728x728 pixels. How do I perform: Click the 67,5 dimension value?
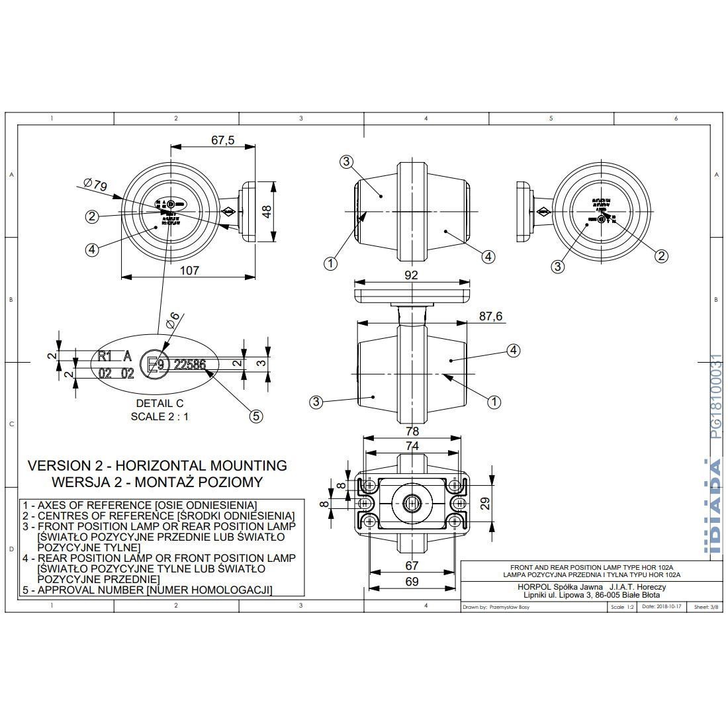tap(222, 140)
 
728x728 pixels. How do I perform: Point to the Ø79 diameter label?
tap(96, 185)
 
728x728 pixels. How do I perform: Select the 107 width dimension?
tap(189, 270)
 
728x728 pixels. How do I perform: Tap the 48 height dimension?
tap(266, 211)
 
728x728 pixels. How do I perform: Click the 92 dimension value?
tap(411, 275)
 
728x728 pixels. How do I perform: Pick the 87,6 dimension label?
tap(490, 317)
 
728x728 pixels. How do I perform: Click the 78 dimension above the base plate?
tap(412, 432)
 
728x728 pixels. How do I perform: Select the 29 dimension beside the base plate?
tap(484, 504)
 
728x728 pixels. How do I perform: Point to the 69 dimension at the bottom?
tap(412, 581)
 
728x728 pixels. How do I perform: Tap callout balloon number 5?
tap(256, 416)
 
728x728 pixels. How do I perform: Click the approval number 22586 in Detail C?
tap(189, 364)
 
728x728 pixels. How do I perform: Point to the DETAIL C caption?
tap(159, 403)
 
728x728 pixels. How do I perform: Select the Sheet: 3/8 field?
tap(705, 606)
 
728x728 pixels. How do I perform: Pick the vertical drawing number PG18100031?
tap(715, 396)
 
